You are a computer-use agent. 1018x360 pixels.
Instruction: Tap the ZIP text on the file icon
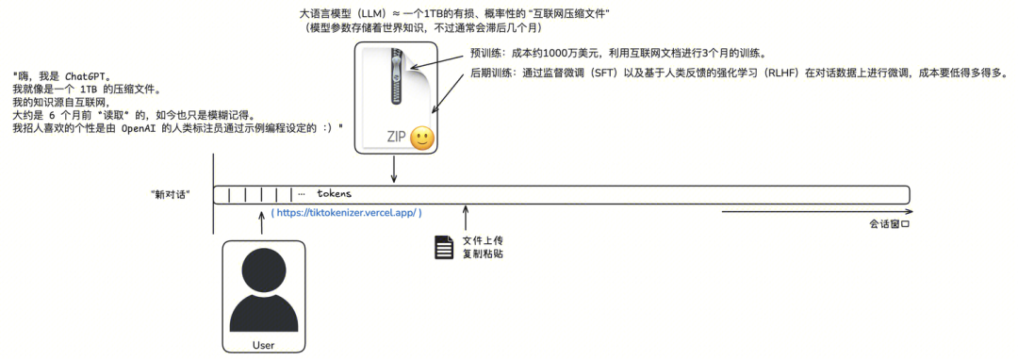tap(397, 138)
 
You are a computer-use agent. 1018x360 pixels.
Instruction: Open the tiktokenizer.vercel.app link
tap(346, 213)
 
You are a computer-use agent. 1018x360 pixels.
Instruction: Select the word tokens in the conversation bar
tap(333, 194)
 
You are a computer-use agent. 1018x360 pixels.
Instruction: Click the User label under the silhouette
tap(263, 345)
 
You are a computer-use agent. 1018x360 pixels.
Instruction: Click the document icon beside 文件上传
tap(443, 247)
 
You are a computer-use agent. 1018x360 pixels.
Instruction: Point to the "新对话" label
tap(171, 194)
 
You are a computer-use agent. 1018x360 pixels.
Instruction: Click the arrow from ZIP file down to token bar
tap(393, 170)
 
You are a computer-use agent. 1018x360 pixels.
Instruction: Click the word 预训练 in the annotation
tap(486, 53)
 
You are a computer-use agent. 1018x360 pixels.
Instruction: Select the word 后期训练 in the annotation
tap(491, 73)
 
